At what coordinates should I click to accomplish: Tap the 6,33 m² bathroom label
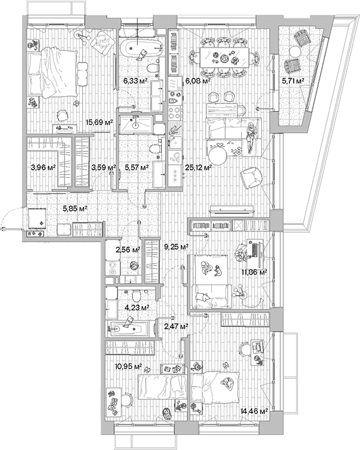tap(134, 80)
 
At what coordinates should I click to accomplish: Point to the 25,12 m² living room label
tap(199, 166)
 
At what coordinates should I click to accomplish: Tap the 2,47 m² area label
tap(175, 327)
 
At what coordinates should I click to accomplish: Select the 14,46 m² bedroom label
tap(255, 411)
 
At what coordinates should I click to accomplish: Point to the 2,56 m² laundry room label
tap(128, 250)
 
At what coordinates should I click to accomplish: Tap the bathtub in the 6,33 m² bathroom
tap(140, 48)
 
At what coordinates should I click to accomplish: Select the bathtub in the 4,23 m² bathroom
tap(131, 328)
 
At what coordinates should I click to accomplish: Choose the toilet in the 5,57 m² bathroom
tap(154, 148)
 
